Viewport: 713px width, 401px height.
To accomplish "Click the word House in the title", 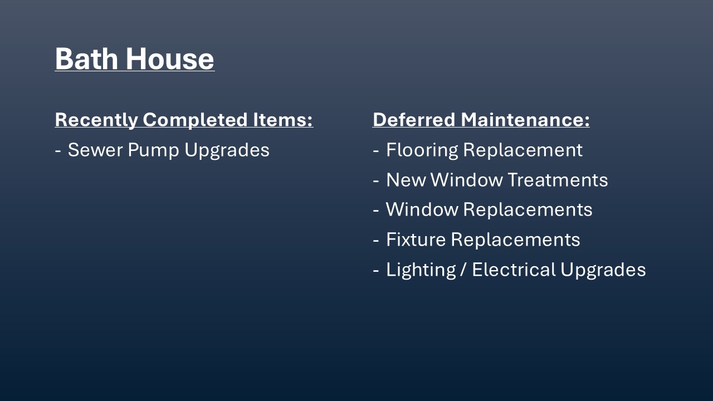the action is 170,58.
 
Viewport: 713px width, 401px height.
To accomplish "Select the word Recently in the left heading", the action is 96,120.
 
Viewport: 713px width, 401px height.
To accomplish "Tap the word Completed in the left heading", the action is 195,120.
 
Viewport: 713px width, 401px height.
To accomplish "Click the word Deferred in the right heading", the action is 414,120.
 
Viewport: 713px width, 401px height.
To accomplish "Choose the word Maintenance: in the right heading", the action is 525,120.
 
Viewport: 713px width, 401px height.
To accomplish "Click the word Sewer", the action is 95,150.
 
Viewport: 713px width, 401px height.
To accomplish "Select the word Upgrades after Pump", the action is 227,150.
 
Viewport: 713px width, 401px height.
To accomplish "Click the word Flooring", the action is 422,150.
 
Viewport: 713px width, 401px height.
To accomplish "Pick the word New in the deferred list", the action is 406,180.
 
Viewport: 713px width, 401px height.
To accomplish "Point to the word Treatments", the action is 558,180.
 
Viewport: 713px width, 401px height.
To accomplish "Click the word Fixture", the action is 416,239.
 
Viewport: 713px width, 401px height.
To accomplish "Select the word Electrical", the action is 514,269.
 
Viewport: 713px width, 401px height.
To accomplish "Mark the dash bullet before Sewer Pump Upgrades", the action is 57,150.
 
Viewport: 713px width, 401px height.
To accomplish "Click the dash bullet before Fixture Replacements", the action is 376,240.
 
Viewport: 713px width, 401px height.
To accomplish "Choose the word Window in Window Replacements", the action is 422,209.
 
